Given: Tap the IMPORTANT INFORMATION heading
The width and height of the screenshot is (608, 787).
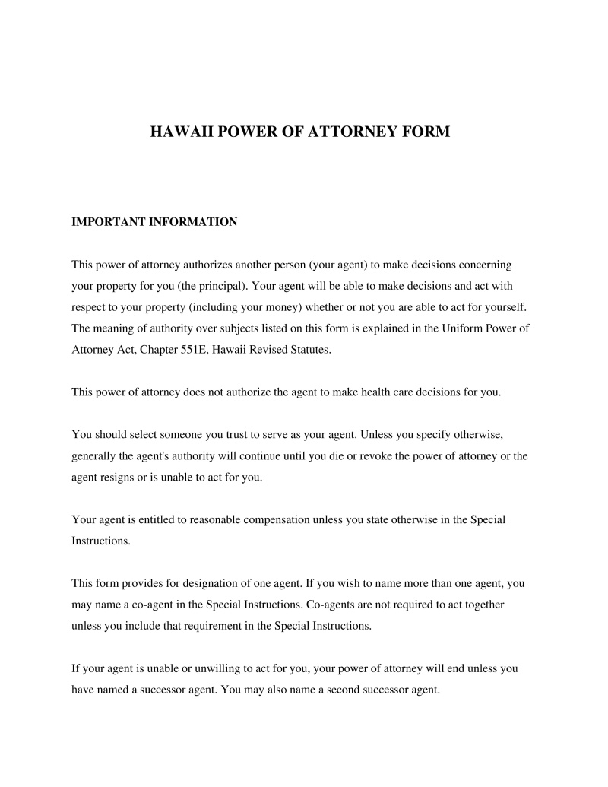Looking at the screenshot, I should point(154,222).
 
